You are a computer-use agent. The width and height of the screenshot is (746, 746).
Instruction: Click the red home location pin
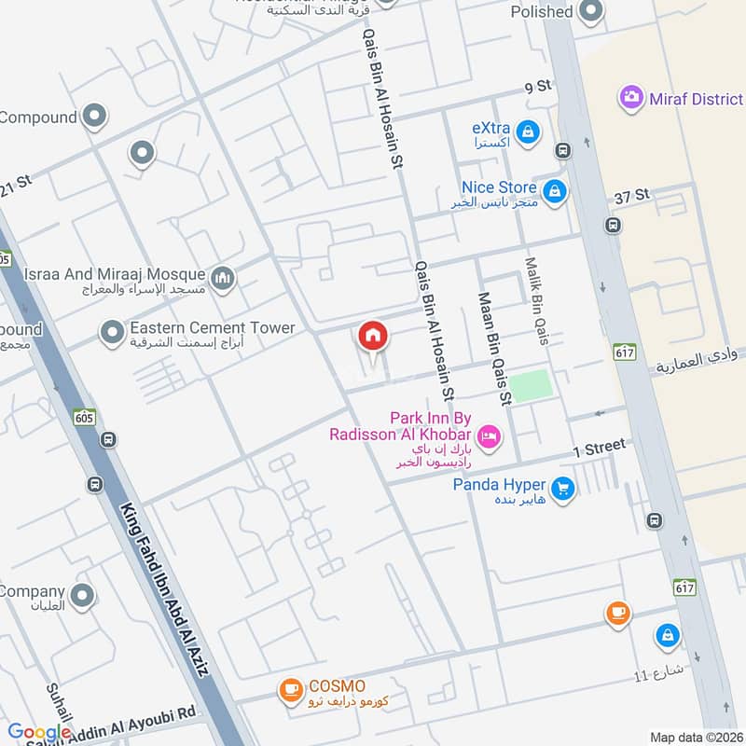click(x=372, y=336)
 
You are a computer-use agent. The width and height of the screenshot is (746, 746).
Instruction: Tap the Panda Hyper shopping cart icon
click(x=561, y=487)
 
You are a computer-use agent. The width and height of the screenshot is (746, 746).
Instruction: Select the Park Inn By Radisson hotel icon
click(x=487, y=435)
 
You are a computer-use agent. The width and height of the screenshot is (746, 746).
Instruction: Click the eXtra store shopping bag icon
click(x=528, y=131)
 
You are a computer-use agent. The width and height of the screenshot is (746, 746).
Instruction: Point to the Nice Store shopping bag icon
click(x=555, y=192)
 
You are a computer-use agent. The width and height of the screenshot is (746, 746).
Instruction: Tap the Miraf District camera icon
click(x=631, y=97)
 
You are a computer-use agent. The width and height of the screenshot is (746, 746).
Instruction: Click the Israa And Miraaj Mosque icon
click(x=222, y=277)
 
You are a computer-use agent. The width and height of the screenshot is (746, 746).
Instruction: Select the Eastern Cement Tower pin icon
click(x=112, y=331)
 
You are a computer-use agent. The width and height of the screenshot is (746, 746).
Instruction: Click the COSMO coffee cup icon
click(x=289, y=689)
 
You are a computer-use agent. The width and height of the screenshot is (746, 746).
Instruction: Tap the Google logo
click(x=39, y=733)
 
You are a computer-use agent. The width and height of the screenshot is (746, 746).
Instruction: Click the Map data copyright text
click(x=696, y=738)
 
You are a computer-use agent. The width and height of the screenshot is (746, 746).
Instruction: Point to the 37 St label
click(x=631, y=196)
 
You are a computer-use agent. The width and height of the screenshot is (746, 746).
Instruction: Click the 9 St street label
click(x=539, y=88)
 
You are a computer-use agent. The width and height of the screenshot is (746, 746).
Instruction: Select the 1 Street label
click(x=599, y=448)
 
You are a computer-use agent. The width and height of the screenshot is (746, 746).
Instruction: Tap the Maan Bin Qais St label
click(x=494, y=348)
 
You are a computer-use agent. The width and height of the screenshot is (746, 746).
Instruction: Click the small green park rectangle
click(x=530, y=385)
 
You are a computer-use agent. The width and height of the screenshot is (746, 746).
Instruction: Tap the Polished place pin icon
click(x=590, y=12)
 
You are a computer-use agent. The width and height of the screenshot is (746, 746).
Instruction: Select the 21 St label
click(x=16, y=185)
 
